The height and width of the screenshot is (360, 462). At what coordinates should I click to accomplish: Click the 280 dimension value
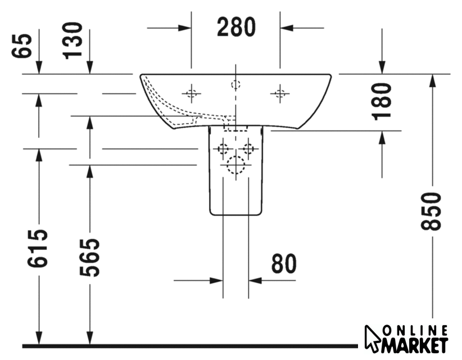pos(236,27)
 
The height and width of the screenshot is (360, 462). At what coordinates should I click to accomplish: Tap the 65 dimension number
pos(21,46)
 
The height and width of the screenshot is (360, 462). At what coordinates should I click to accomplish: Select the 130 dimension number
pos(72,40)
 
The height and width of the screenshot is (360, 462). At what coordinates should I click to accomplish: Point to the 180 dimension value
pos(382,102)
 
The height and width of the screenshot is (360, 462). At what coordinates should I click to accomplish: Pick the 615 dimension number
pos(38,248)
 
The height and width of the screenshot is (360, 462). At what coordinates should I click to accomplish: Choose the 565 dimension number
pos(89,258)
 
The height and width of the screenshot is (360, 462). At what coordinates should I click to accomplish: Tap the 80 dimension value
pos(284,264)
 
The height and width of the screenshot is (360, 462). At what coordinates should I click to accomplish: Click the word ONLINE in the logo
pos(415,331)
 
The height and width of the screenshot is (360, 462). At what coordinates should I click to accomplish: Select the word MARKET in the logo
pos(415,345)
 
